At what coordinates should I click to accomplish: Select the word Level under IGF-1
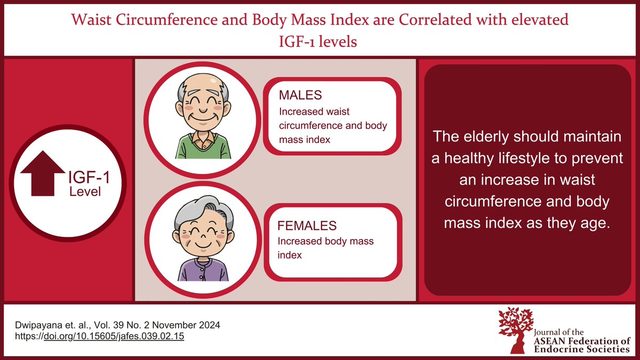pos(85,191)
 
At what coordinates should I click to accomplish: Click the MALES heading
pos(300,97)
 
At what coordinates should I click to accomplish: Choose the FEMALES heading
pos(306,226)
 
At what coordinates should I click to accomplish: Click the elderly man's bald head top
pos(198,80)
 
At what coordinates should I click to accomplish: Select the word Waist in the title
pos(90,21)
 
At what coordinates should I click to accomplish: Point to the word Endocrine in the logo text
pos(554,349)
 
